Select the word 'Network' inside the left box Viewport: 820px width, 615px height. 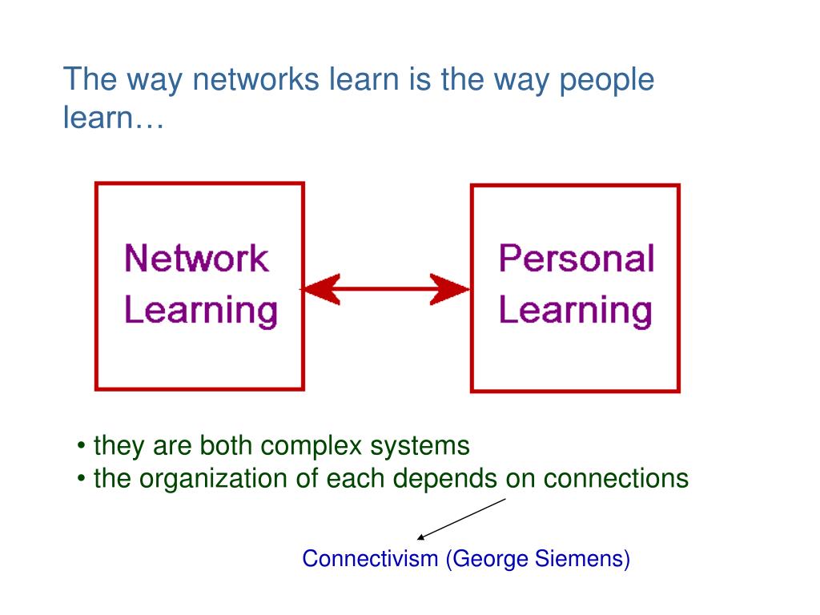pyautogui.click(x=196, y=259)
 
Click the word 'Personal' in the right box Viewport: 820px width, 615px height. pyautogui.click(x=577, y=259)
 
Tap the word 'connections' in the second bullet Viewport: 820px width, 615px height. pyautogui.click(x=616, y=479)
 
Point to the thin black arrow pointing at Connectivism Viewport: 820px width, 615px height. pyautogui.click(x=462, y=518)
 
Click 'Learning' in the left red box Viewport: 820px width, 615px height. pyautogui.click(x=201, y=310)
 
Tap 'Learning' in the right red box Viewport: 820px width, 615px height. pyautogui.click(x=575, y=310)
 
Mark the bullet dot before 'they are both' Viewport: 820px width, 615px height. pyautogui.click(x=83, y=446)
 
